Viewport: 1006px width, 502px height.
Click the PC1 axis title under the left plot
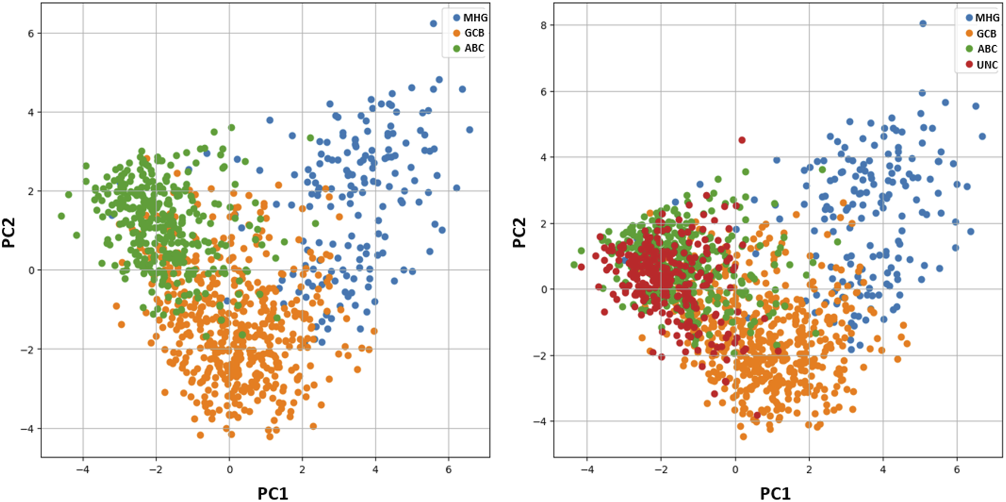pyautogui.click(x=272, y=493)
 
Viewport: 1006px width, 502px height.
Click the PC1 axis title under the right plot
pyautogui.click(x=775, y=493)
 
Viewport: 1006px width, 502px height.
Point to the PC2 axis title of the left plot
pyautogui.click(x=9, y=233)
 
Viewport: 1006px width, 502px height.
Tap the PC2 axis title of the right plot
pyautogui.click(x=519, y=233)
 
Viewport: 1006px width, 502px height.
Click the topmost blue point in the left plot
pyautogui.click(x=434, y=24)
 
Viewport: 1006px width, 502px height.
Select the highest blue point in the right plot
pyautogui.click(x=923, y=24)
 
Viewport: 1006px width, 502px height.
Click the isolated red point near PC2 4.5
pyautogui.click(x=742, y=140)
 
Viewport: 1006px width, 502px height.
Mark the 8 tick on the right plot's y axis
pyautogui.click(x=543, y=25)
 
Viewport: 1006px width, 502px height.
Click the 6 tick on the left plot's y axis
pyautogui.click(x=31, y=33)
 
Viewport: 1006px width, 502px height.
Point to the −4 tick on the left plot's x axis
pyautogui.click(x=83, y=469)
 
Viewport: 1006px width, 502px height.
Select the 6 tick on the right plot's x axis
pyautogui.click(x=957, y=469)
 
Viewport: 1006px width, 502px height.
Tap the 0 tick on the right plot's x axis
pyautogui.click(x=735, y=469)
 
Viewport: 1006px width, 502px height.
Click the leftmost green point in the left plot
pyautogui.click(x=61, y=216)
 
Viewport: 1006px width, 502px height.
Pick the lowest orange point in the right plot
pyautogui.click(x=743, y=437)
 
